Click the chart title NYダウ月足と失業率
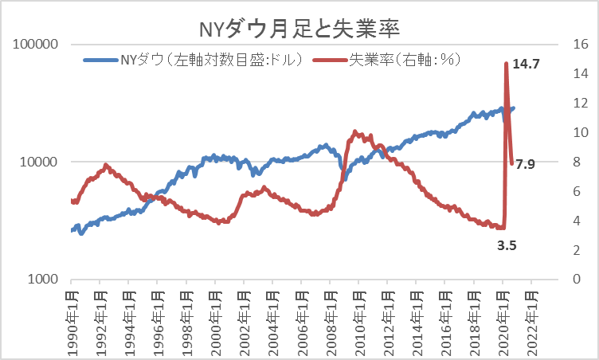(299, 29)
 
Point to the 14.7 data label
(527, 63)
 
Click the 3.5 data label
(507, 246)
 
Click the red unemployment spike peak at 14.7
(506, 64)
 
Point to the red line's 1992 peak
(106, 165)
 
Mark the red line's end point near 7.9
(511, 163)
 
